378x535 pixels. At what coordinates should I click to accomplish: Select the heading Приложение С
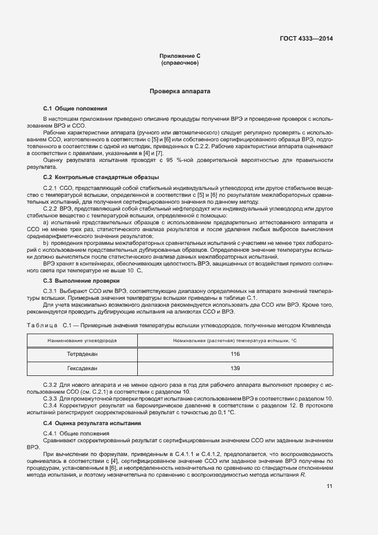[x=180, y=56]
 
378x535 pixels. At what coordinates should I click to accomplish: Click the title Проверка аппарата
[x=180, y=91]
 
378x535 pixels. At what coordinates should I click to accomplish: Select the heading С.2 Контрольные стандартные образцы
[x=101, y=177]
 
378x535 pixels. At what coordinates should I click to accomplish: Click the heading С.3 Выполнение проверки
[x=81, y=281]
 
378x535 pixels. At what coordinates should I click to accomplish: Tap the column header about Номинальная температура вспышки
[x=235, y=340]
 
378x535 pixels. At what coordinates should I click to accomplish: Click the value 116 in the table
[x=235, y=354]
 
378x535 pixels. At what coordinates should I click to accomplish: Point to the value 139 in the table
[x=235, y=368]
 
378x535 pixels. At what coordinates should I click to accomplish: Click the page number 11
[x=329, y=486]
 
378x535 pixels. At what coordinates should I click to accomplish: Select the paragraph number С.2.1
[x=51, y=188]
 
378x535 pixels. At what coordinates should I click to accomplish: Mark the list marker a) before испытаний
[x=46, y=221]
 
